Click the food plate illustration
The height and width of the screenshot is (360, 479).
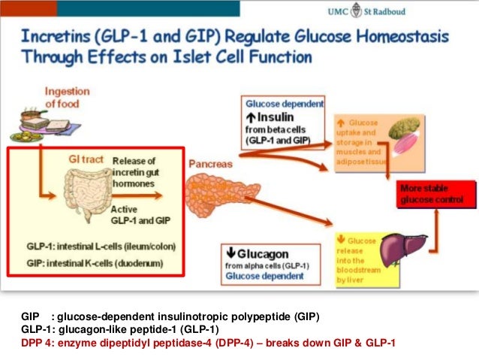coord(24,128)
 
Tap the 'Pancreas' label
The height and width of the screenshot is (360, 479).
coord(209,162)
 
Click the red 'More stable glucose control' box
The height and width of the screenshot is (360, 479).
coord(436,195)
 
